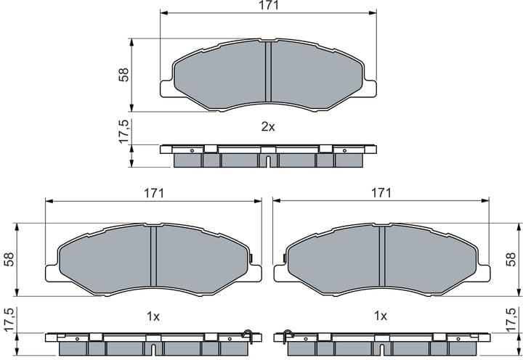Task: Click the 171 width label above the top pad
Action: pyautogui.click(x=268, y=6)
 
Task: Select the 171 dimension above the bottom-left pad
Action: pyautogui.click(x=153, y=193)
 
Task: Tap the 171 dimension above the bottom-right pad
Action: pyautogui.click(x=381, y=193)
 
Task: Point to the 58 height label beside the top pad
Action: pyautogui.click(x=123, y=74)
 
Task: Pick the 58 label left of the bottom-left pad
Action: pyautogui.click(x=9, y=259)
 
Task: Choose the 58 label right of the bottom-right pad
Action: pyautogui.click(x=513, y=259)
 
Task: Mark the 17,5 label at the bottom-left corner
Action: pyautogui.click(x=9, y=319)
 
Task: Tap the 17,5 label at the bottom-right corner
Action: pyautogui.click(x=513, y=319)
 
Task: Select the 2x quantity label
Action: pyautogui.click(x=268, y=126)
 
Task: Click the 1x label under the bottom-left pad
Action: pyautogui.click(x=153, y=316)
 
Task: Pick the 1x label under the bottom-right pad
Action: pyautogui.click(x=380, y=316)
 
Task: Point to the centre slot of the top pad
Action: pyautogui.click(x=267, y=72)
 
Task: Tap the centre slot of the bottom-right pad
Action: pyautogui.click(x=381, y=258)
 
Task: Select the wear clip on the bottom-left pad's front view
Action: pyautogui.click(x=251, y=259)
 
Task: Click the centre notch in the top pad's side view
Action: pyautogui.click(x=268, y=160)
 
